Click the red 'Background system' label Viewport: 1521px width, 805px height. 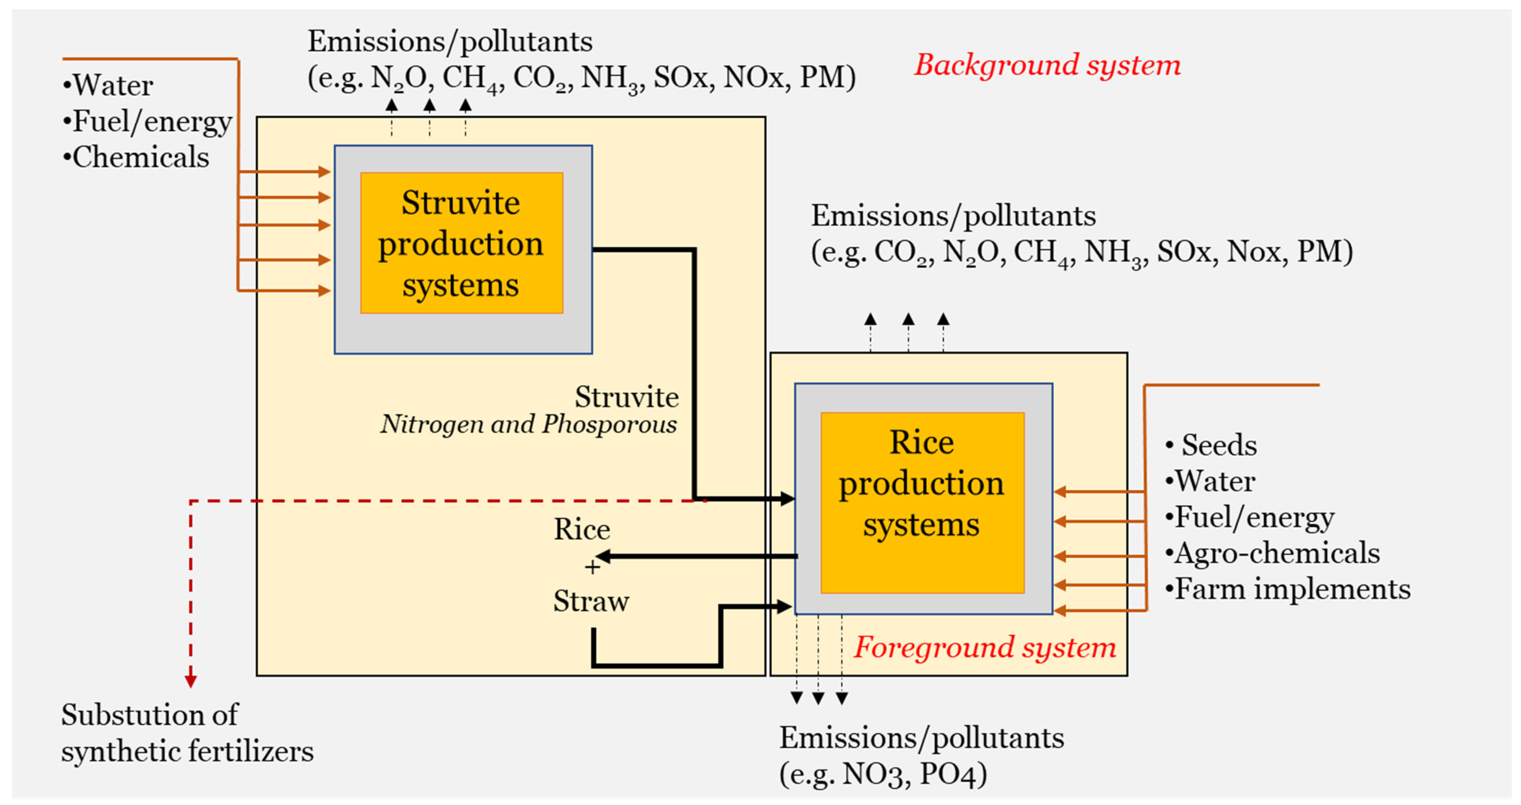tap(1047, 65)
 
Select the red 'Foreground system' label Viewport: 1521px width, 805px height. tap(984, 647)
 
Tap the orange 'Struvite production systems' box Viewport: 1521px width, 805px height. tap(461, 243)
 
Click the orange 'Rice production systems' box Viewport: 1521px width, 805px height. tap(922, 502)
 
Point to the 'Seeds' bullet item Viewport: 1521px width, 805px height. tap(1218, 445)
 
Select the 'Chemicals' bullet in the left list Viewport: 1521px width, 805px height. tap(140, 158)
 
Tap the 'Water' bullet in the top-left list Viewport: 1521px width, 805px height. tap(112, 86)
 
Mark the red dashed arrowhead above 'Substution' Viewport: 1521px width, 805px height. tap(190, 681)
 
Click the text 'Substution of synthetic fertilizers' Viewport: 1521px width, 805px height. tap(186, 733)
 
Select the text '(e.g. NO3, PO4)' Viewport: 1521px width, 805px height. tap(883, 774)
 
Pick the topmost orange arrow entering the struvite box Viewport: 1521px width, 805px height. tap(323, 172)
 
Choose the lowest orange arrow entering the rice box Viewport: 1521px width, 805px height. tap(1061, 610)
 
